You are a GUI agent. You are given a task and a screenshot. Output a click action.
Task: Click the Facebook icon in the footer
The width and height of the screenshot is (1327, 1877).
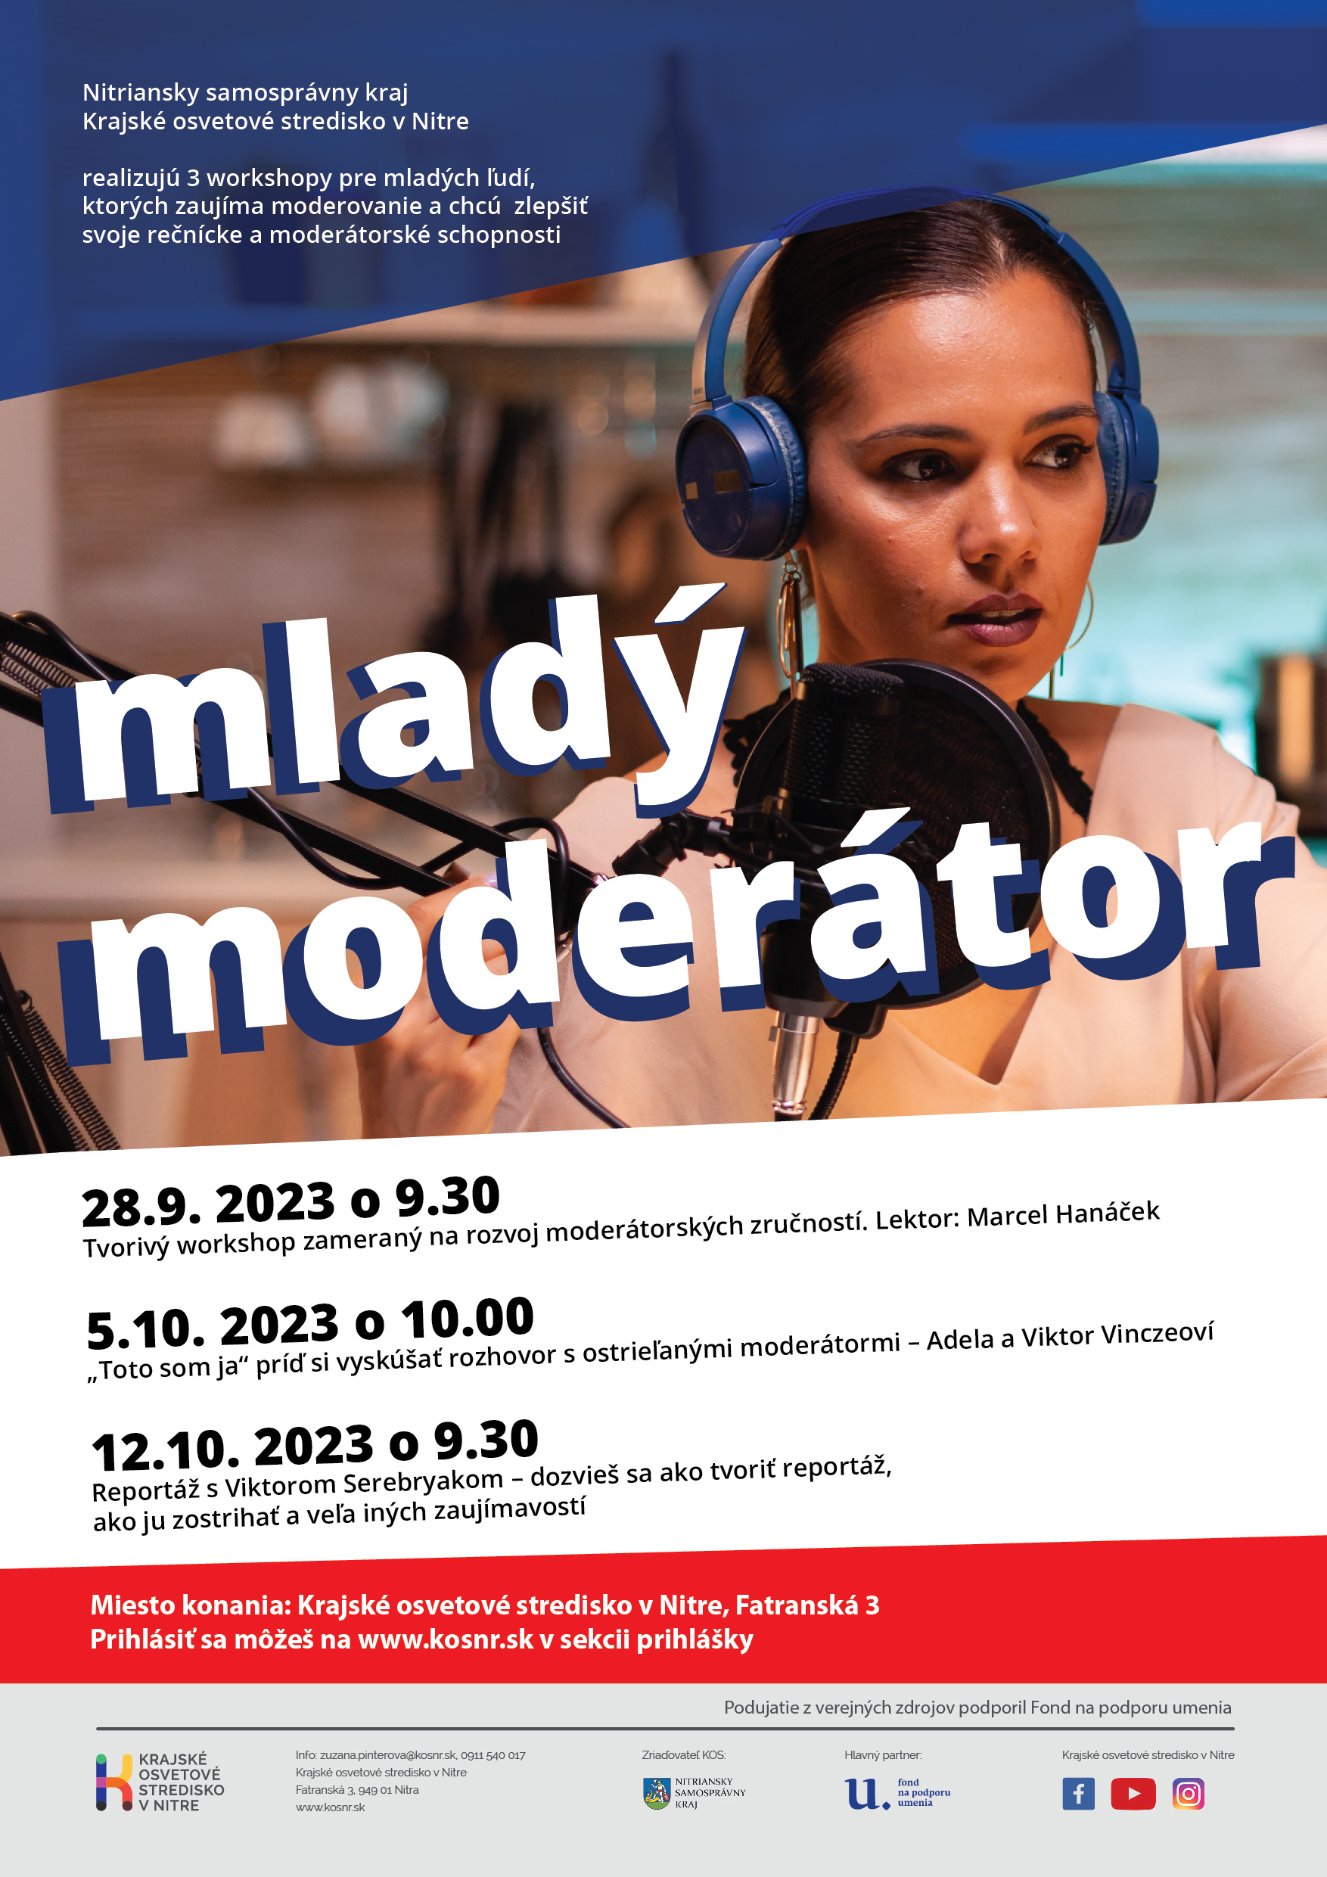[x=1078, y=1794]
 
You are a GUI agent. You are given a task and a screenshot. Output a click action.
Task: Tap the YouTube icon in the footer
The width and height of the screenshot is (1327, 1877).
[x=1133, y=1794]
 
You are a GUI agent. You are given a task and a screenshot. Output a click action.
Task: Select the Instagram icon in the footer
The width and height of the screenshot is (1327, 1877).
[x=1188, y=1794]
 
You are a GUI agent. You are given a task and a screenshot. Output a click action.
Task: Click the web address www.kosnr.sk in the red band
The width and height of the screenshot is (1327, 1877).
[x=446, y=1639]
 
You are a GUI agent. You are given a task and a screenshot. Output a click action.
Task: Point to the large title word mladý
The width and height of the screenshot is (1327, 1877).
[x=393, y=703]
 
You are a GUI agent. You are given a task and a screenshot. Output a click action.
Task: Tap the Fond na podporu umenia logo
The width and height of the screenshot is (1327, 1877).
[x=898, y=1793]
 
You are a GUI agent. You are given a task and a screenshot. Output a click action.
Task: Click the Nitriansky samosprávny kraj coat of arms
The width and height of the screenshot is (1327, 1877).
[x=657, y=1793]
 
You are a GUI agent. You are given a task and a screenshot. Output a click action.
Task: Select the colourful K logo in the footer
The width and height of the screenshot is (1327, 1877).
[x=114, y=1782]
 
